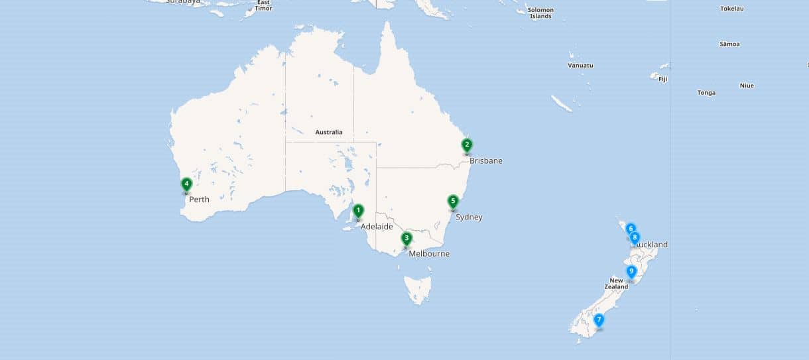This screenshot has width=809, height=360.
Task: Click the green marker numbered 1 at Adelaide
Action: click(x=358, y=211)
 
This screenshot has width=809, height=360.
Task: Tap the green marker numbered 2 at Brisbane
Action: click(x=467, y=145)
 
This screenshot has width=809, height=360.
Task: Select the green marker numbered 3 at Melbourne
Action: click(x=406, y=238)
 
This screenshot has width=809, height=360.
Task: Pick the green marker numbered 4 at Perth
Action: click(x=186, y=184)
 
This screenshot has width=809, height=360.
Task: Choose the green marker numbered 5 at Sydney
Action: click(x=453, y=201)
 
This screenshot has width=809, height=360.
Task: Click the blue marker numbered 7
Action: click(x=599, y=320)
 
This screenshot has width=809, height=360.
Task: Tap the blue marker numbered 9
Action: click(x=631, y=271)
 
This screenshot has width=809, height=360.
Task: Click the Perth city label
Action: click(x=199, y=200)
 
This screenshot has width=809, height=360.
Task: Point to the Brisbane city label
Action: click(x=485, y=161)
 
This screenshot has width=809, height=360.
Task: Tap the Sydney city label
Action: click(x=469, y=217)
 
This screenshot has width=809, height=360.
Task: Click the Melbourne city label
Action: click(x=429, y=254)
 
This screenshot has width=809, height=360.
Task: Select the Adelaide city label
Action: click(x=377, y=227)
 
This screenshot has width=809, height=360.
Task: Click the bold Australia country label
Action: click(x=329, y=133)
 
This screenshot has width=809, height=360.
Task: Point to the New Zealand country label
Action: click(x=616, y=283)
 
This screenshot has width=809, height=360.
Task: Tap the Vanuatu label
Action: click(x=580, y=66)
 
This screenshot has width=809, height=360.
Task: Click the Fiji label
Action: click(x=662, y=79)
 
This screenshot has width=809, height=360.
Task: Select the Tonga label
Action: click(x=706, y=93)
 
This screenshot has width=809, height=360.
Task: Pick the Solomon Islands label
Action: click(x=540, y=13)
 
